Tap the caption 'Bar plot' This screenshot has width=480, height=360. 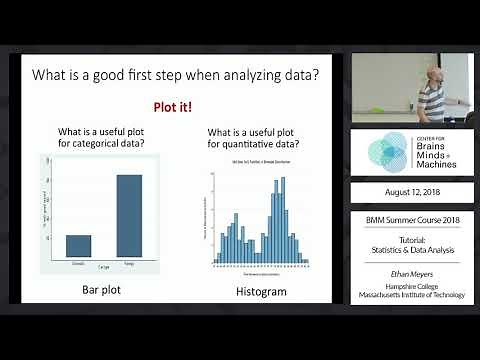[103, 292]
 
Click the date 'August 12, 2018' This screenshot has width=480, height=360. [411, 191]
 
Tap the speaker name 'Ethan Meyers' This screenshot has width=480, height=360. [411, 272]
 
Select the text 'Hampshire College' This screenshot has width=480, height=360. [411, 285]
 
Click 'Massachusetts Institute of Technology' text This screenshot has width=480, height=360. [411, 295]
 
